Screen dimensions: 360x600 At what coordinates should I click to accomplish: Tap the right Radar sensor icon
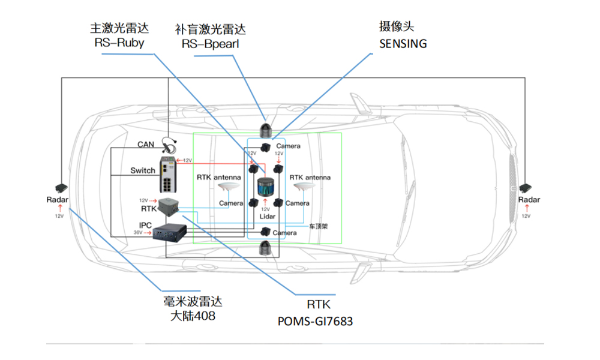tap(527, 188)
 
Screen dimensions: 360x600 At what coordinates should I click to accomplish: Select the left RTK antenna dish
tap(229, 189)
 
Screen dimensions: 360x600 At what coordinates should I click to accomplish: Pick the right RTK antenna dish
tap(301, 188)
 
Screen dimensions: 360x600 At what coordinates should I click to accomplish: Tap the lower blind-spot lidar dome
tap(265, 247)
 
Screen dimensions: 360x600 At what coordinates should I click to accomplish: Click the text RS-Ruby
tap(119, 43)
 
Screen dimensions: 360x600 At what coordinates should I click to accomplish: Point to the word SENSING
tap(403, 43)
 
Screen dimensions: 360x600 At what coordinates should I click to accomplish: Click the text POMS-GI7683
tap(316, 321)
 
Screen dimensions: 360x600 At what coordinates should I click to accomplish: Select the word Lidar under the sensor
tap(268, 216)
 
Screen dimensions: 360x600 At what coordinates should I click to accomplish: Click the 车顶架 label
tap(318, 227)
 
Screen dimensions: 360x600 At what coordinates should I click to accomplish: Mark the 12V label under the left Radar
tap(59, 215)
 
